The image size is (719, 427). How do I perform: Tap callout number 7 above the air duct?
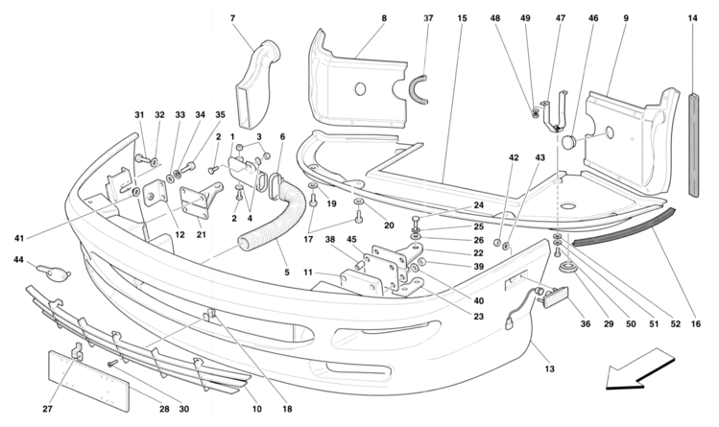[233, 18]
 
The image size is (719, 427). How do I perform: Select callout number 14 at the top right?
[693, 18]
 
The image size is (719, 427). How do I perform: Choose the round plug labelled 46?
[571, 141]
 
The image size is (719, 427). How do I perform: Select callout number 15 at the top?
[462, 18]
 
